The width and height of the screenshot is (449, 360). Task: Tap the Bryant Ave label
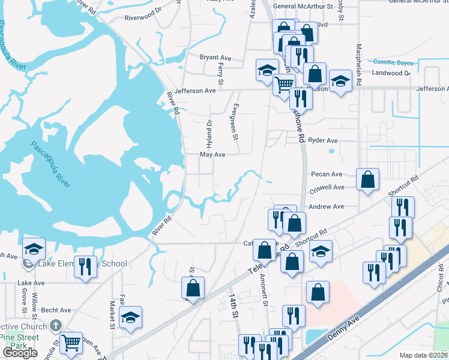(216, 58)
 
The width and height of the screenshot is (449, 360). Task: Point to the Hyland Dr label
(209, 134)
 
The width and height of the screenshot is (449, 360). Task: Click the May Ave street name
(212, 154)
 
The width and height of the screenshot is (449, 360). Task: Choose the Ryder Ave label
(323, 140)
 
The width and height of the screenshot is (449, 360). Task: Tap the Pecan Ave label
(327, 174)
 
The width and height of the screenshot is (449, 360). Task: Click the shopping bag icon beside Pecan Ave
(367, 179)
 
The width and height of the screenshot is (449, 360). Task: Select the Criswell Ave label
(326, 187)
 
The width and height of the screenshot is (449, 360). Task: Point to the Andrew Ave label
(326, 206)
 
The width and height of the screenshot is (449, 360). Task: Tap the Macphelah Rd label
(358, 64)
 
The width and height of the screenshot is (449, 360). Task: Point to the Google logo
(20, 353)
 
